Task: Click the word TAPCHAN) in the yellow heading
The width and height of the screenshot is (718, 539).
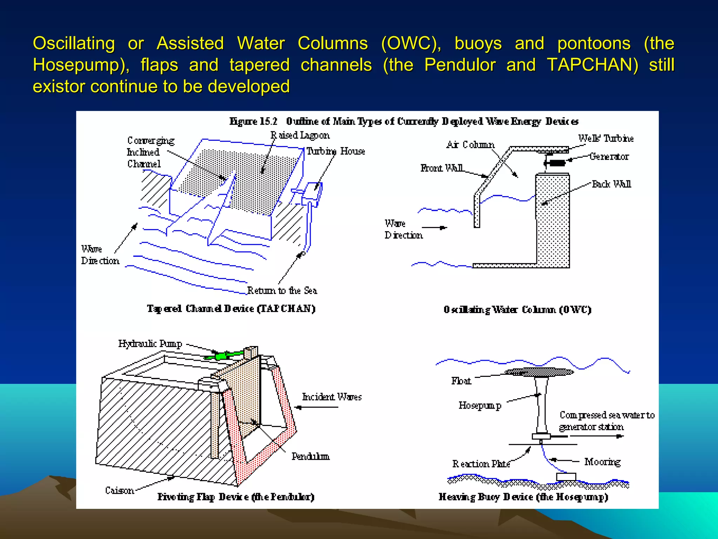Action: tap(593, 65)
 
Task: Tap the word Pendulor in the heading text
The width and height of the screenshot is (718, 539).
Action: tap(460, 65)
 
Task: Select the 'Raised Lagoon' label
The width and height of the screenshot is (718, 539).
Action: tap(300, 135)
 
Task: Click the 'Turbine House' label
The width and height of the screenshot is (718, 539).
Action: tap(336, 151)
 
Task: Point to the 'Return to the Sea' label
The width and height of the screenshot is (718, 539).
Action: tap(282, 291)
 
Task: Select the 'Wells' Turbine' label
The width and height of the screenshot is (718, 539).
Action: tap(606, 139)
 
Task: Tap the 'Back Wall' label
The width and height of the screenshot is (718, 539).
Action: tap(611, 184)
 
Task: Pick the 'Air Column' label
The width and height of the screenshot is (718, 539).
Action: tap(470, 145)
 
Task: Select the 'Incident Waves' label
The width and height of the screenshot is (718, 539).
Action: tap(332, 397)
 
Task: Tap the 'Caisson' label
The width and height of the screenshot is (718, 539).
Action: tap(120, 490)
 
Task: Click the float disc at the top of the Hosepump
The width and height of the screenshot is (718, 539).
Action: tap(540, 372)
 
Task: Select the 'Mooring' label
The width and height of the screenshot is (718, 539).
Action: tap(602, 462)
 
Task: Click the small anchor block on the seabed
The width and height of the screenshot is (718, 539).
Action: tap(566, 477)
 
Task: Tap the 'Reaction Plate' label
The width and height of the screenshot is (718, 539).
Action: tap(481, 464)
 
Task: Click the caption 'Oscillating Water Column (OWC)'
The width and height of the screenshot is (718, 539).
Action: tap(517, 310)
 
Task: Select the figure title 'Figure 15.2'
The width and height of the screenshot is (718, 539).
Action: tap(253, 121)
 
